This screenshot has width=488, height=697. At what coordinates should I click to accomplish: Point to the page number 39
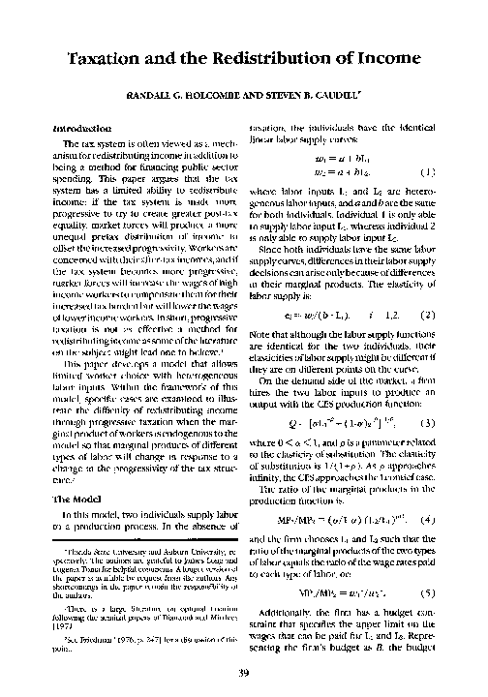pos(244,674)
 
